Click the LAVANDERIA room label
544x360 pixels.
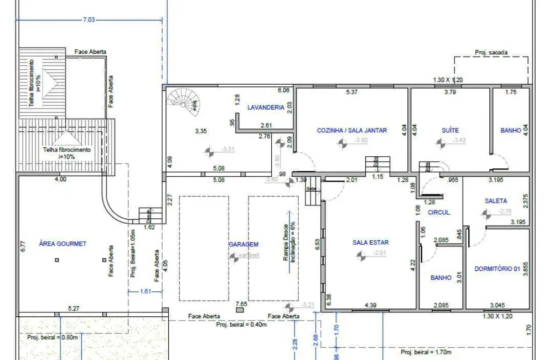tap(266, 107)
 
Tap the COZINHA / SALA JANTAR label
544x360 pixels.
tap(351, 131)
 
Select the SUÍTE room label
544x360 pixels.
tap(450, 131)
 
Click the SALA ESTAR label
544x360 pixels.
tap(370, 243)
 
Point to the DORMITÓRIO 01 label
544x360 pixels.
tap(497, 269)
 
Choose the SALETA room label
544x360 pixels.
tap(495, 202)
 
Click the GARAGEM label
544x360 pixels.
tap(243, 244)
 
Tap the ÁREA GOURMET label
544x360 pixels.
tap(63, 244)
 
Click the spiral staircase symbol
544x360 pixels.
tap(184, 101)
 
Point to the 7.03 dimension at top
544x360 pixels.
tap(89, 20)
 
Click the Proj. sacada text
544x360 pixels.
tap(491, 53)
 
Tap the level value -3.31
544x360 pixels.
tap(228, 149)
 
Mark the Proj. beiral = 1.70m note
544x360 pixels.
tap(426, 352)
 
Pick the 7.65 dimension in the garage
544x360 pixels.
tap(241, 304)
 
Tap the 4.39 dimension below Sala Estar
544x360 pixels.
tap(370, 305)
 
